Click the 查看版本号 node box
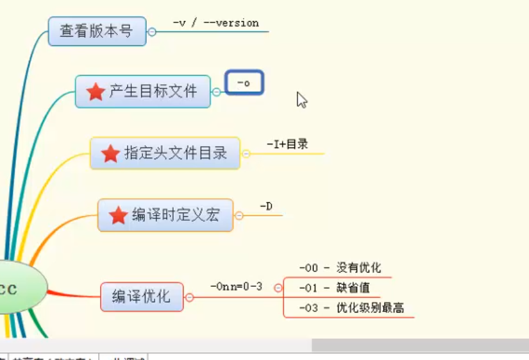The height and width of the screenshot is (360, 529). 97,31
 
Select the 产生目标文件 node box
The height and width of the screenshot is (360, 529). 142,92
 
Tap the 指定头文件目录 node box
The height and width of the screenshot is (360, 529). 165,153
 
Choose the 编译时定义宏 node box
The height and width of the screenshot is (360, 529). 165,215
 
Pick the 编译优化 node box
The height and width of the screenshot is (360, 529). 142,296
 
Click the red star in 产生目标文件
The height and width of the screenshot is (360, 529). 96,92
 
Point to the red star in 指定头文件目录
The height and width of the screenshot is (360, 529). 110,153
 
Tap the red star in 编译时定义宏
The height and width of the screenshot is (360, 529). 118,216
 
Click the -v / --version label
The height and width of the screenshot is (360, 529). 215,23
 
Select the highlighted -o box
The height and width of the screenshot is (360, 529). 244,83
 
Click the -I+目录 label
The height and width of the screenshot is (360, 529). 287,144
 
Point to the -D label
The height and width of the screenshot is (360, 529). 266,207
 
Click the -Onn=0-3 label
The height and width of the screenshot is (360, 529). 236,286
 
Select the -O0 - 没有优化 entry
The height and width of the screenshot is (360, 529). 340,268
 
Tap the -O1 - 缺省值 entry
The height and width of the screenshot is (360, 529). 334,288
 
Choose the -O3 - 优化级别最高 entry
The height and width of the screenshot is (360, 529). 351,308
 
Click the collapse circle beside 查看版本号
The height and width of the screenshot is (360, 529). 152,31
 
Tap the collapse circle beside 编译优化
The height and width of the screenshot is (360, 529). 189,297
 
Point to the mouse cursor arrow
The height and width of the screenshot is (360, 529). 301,99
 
